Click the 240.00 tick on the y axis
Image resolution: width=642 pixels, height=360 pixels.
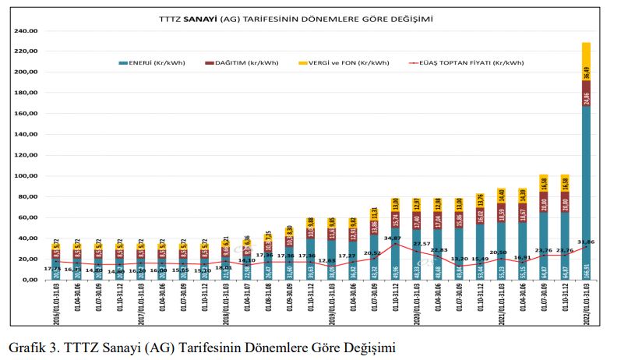pos(26,31)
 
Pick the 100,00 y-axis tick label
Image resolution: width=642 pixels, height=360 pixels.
pos(26,176)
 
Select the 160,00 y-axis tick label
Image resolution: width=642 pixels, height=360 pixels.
pos(26,114)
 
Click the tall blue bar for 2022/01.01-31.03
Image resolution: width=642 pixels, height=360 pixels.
pos(586,195)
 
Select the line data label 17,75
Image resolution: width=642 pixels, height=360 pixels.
pos(54,269)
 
